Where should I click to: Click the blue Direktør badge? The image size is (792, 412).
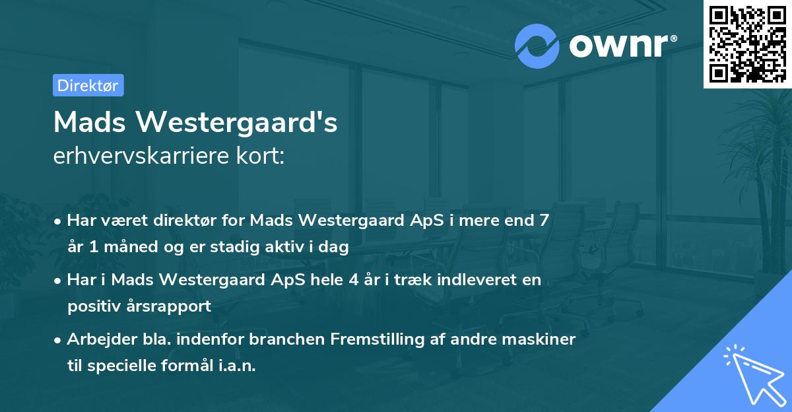point(88,85)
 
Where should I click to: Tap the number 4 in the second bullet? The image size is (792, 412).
point(368,280)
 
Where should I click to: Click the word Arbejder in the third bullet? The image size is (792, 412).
point(97,339)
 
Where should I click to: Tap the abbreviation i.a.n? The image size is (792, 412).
point(237,366)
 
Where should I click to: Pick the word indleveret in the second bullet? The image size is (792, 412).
point(467,280)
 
